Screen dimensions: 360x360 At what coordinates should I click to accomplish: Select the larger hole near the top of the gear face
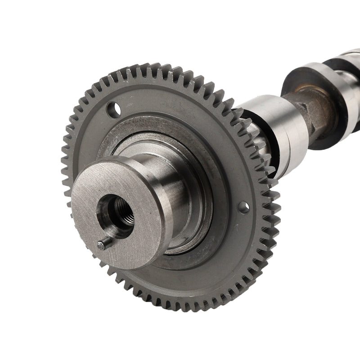[x=113, y=108]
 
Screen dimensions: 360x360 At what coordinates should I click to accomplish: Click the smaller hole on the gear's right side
[x=243, y=207]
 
